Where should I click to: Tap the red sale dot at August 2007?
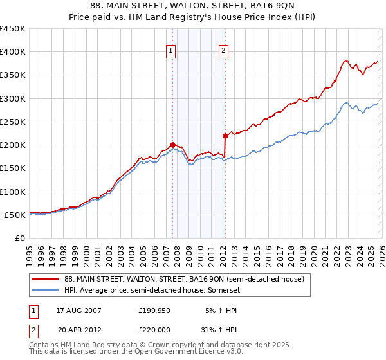coord(172,145)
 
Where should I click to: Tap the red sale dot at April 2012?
coord(225,136)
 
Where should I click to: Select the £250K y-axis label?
coord(12,122)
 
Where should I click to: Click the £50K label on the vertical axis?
coord(15,215)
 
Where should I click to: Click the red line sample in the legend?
coord(45,279)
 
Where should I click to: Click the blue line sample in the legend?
coord(45,291)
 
